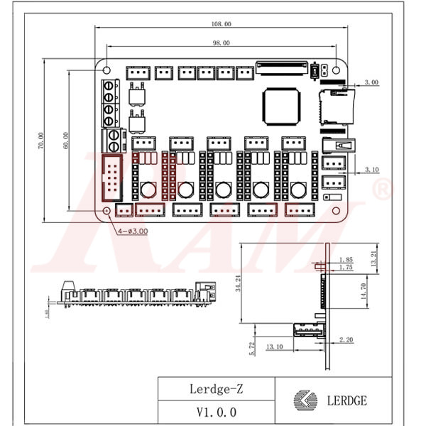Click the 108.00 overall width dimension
(221, 24)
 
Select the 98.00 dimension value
(221, 43)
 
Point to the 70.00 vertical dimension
(41, 141)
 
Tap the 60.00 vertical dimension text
(65, 141)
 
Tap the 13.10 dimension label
(275, 347)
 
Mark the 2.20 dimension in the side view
(346, 341)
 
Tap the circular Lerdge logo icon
(303, 400)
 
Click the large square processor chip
(280, 104)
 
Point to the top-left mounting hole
(107, 71)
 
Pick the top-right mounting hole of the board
(337, 71)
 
